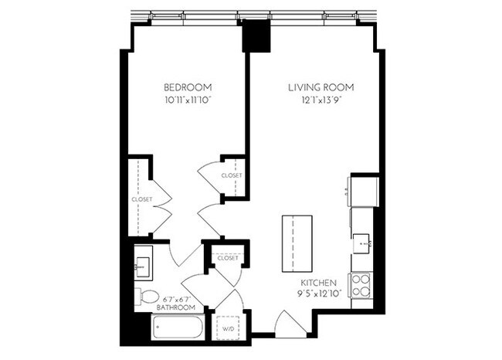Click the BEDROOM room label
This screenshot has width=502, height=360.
click(188, 87)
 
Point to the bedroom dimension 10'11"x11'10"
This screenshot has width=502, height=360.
click(188, 100)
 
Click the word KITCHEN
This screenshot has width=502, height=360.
click(317, 283)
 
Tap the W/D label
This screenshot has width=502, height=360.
click(228, 329)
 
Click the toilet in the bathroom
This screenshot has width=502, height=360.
click(146, 296)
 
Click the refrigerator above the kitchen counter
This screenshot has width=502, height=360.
click(363, 189)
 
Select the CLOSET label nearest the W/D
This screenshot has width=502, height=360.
click(228, 258)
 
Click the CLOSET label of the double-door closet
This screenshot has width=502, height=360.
click(141, 199)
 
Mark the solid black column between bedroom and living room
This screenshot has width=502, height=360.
click(254, 36)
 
